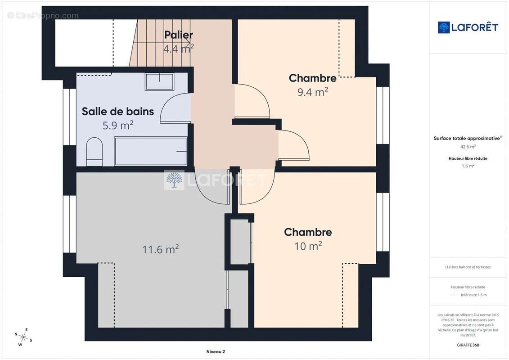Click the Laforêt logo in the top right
[x=468, y=27]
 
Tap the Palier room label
[x=178, y=35]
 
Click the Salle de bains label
[x=118, y=111]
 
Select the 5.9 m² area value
[x=118, y=126]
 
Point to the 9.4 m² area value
[x=312, y=92]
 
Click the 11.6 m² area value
[x=161, y=249]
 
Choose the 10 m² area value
[x=308, y=246]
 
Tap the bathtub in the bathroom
[x=151, y=151]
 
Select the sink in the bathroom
[x=159, y=81]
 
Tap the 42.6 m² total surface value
[x=468, y=146]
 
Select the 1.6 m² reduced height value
[x=468, y=166]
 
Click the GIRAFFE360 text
[x=468, y=345]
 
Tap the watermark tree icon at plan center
[x=174, y=180]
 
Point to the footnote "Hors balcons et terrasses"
[x=468, y=267]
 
